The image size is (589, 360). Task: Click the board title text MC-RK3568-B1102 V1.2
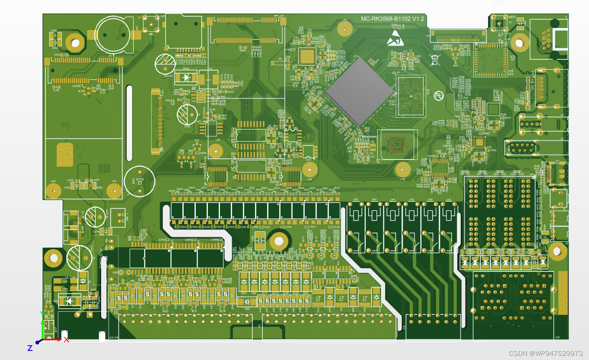[392, 19]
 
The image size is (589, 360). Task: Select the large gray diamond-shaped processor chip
[360, 91]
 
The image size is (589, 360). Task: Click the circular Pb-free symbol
[439, 96]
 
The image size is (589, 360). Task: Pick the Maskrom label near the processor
[369, 137]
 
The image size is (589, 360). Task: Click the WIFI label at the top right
[512, 17]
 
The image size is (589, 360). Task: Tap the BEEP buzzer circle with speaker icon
[139, 181]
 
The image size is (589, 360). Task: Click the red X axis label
[66, 340]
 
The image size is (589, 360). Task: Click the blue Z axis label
[30, 348]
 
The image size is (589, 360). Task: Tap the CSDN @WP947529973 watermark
[546, 353]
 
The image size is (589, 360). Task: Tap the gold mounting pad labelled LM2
[53, 191]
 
